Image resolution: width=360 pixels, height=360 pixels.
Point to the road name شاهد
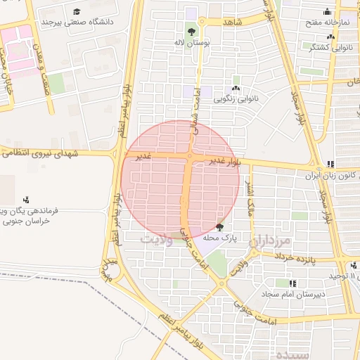[232, 22]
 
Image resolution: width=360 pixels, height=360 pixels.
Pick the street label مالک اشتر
[248, 196]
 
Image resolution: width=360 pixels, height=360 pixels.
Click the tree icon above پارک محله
[220, 227]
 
